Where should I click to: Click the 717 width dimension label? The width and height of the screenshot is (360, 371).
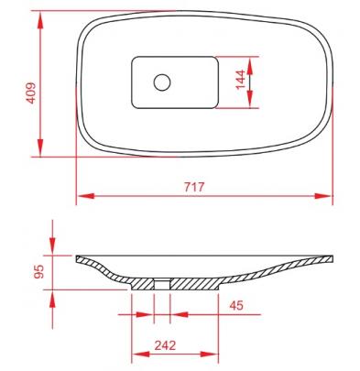(x=194, y=187)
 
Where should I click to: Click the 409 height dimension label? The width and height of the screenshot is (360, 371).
(x=31, y=93)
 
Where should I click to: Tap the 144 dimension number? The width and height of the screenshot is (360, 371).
(x=241, y=79)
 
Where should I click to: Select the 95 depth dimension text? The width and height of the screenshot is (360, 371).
(x=39, y=271)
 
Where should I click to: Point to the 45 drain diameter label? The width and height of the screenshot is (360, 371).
(x=236, y=305)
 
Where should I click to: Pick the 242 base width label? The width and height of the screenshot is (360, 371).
(x=165, y=345)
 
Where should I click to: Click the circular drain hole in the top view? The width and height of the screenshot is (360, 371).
(x=162, y=82)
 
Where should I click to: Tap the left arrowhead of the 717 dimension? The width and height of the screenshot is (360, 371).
(x=86, y=196)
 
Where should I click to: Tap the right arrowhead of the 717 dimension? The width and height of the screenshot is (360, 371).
(x=322, y=196)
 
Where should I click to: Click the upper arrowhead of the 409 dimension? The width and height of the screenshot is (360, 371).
(x=40, y=20)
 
